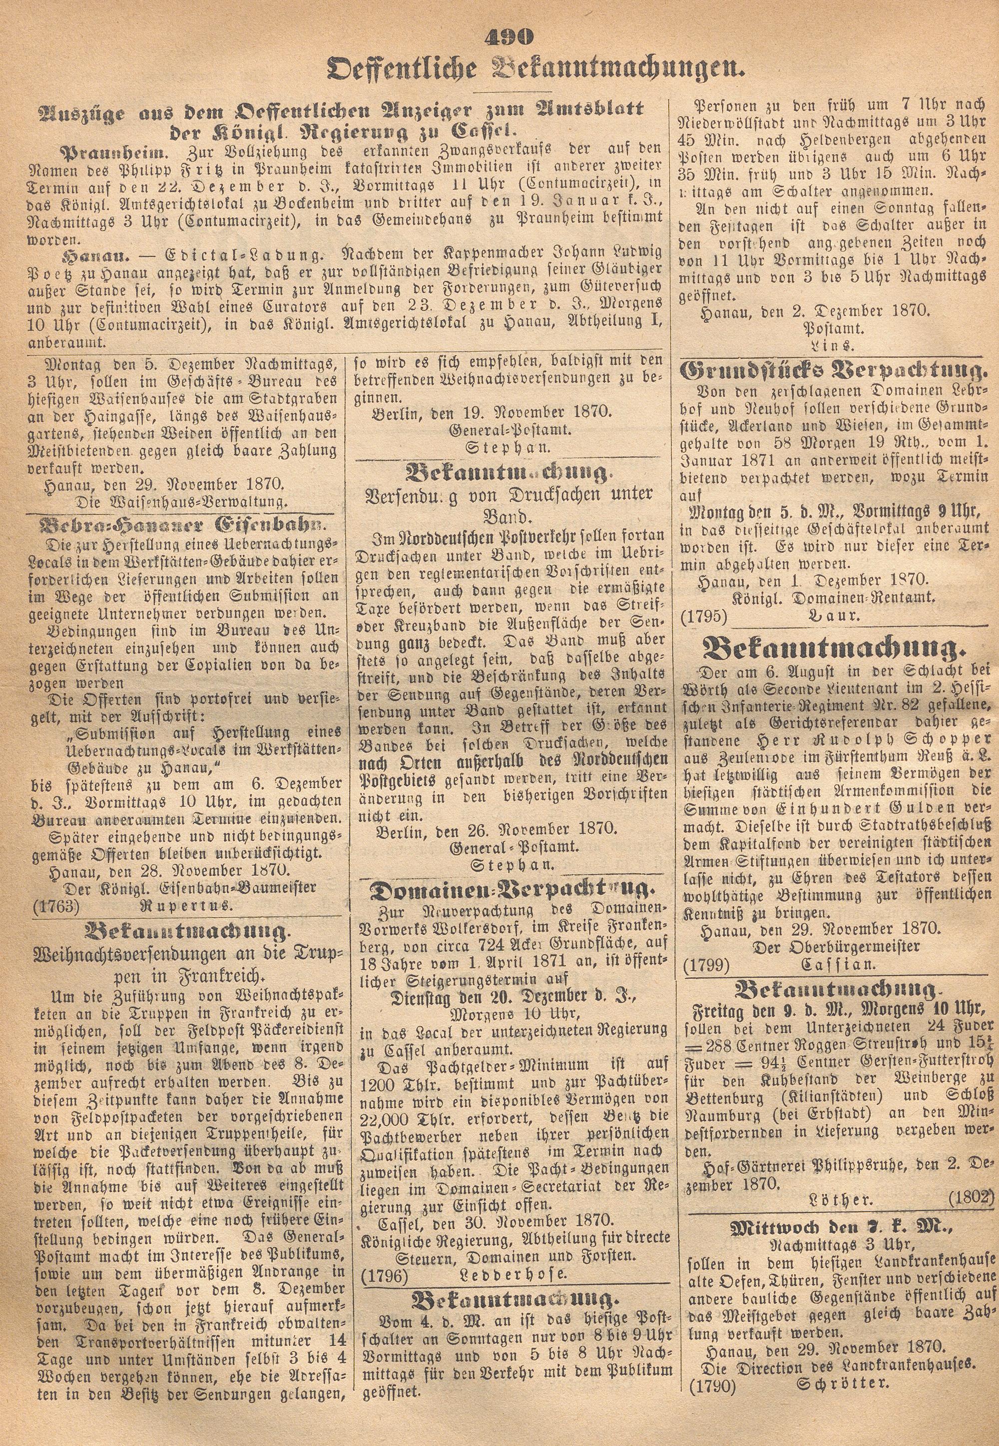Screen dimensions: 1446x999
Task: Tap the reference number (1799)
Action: (x=707, y=965)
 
